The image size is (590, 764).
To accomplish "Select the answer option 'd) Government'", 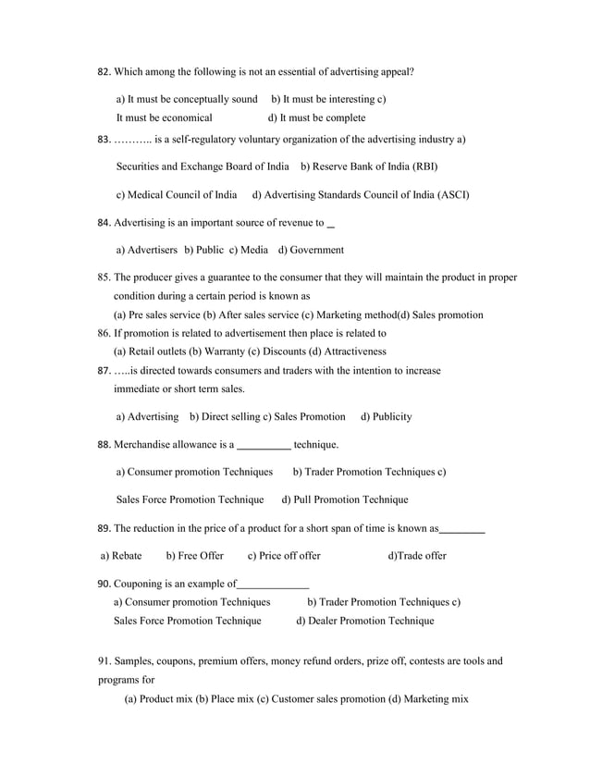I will (311, 250).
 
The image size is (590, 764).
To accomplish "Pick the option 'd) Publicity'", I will (386, 417).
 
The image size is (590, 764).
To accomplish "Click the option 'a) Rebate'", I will (120, 556).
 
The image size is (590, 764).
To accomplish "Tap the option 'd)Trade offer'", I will (417, 556).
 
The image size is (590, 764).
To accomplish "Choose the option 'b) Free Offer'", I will (194, 556).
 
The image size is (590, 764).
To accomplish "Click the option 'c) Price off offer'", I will (284, 556).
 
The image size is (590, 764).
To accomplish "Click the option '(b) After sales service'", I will (251, 314).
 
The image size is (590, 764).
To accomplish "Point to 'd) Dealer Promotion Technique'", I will (364, 621).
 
